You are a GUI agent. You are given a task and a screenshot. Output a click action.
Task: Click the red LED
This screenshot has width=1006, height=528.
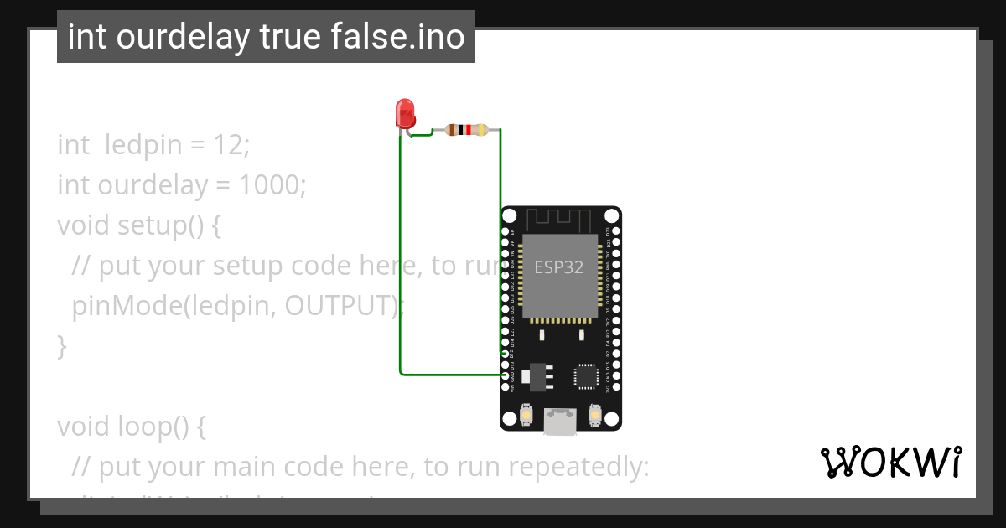click(x=405, y=113)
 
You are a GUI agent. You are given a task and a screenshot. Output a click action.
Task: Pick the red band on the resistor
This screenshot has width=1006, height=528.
click(x=467, y=130)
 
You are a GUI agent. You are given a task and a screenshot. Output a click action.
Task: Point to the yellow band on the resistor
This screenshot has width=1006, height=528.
click(x=481, y=130)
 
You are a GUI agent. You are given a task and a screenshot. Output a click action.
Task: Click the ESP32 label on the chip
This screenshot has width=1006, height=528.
click(x=559, y=267)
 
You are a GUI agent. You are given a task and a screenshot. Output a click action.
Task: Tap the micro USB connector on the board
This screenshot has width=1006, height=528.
click(x=560, y=422)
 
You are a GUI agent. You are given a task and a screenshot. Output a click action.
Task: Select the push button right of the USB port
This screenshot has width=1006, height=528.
click(x=595, y=414)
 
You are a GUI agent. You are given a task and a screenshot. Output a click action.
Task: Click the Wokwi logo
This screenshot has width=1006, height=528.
click(x=891, y=463)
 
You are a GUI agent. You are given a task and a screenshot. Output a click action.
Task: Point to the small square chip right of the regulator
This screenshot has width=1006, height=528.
click(x=587, y=376)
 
